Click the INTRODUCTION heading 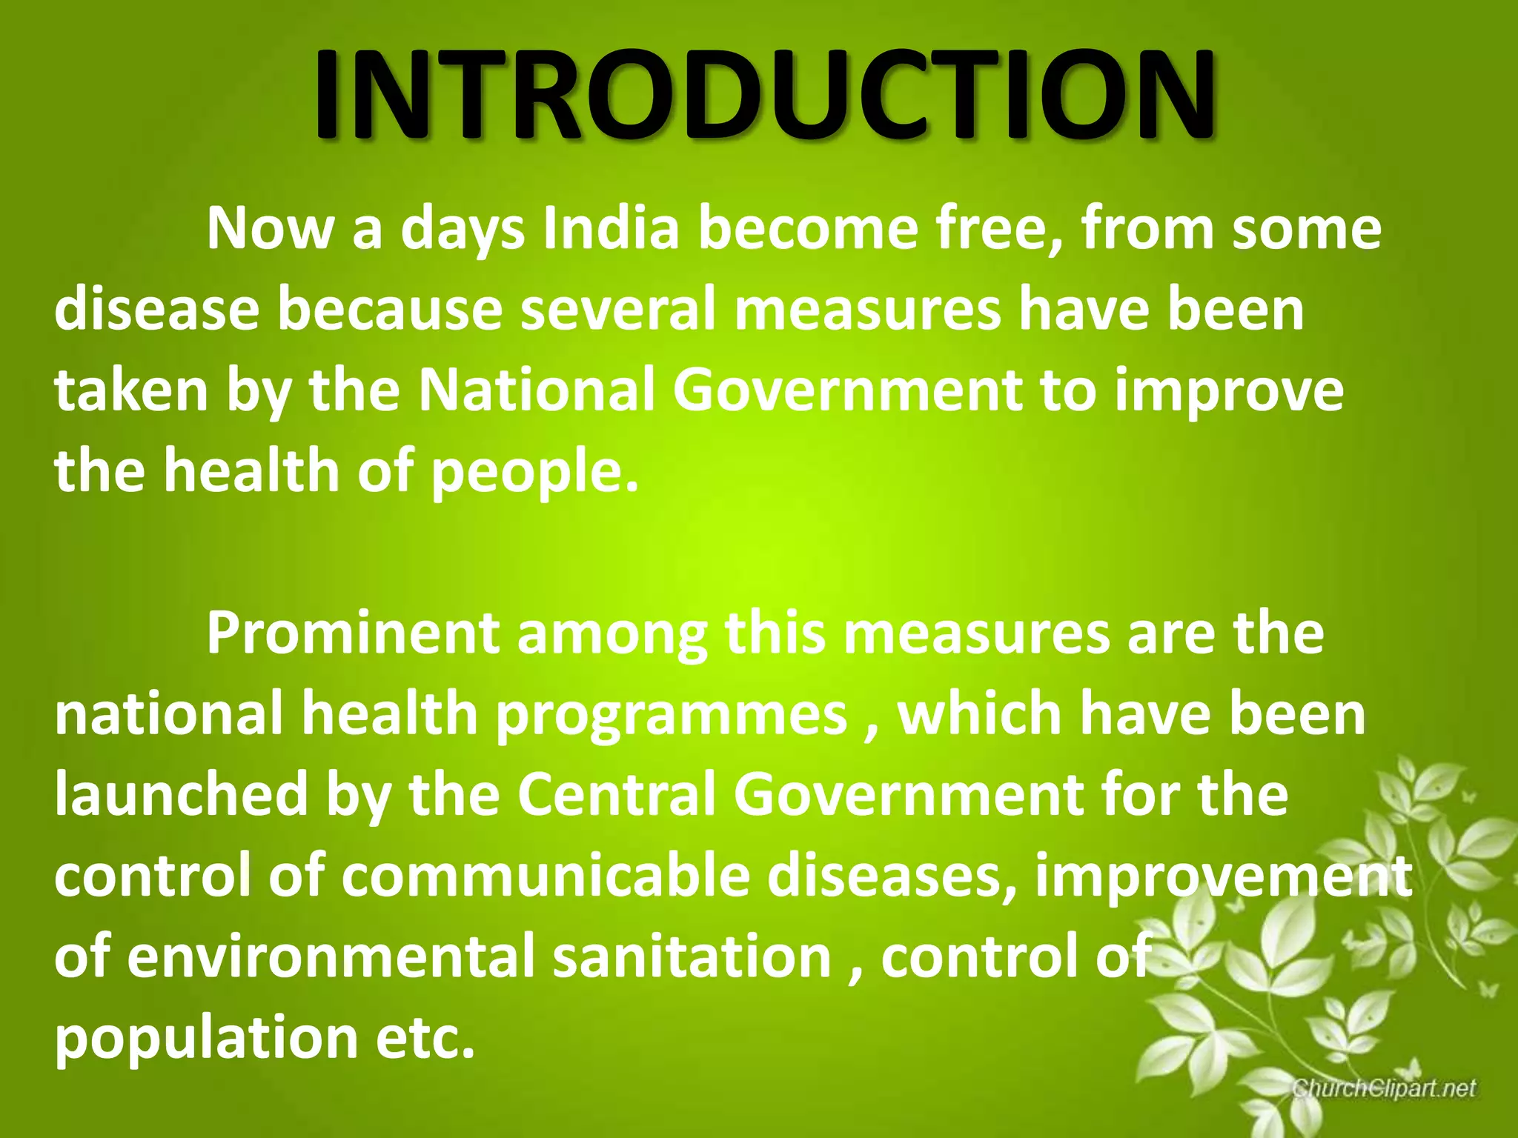point(763,95)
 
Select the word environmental point(331,956)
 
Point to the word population point(207,1039)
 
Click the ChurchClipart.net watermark point(1383,1088)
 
